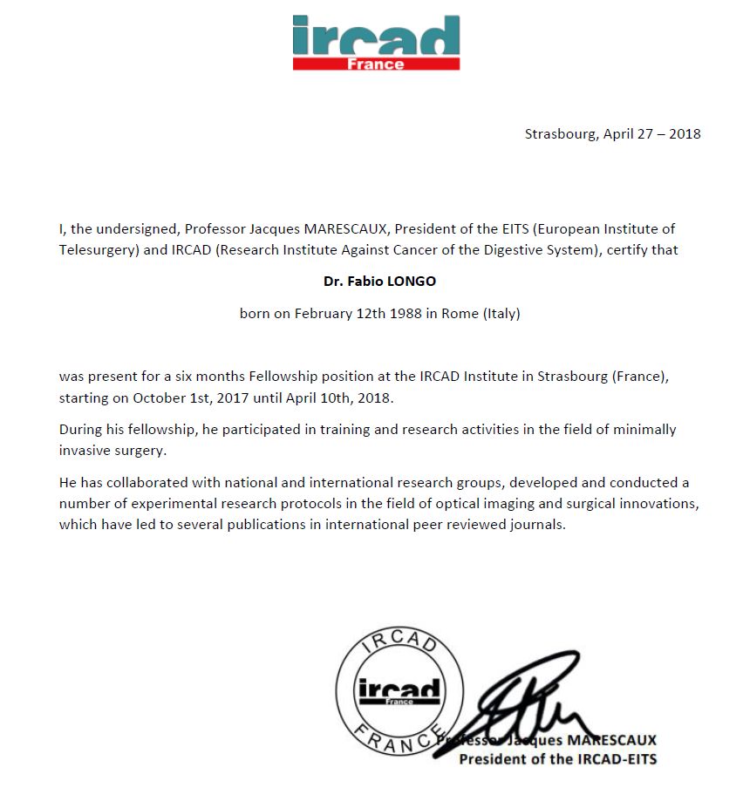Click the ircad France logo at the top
pos(376,42)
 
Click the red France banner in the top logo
pos(376,64)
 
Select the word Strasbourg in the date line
pos(560,133)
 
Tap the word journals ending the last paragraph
pos(538,524)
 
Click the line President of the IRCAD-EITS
pos(558,758)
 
